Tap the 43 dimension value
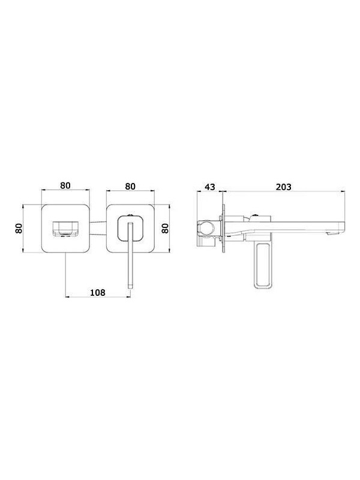click(x=210, y=187)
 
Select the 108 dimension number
click(x=97, y=292)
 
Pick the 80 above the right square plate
click(x=130, y=186)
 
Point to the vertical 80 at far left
click(x=19, y=228)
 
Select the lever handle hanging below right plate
click(x=128, y=264)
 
